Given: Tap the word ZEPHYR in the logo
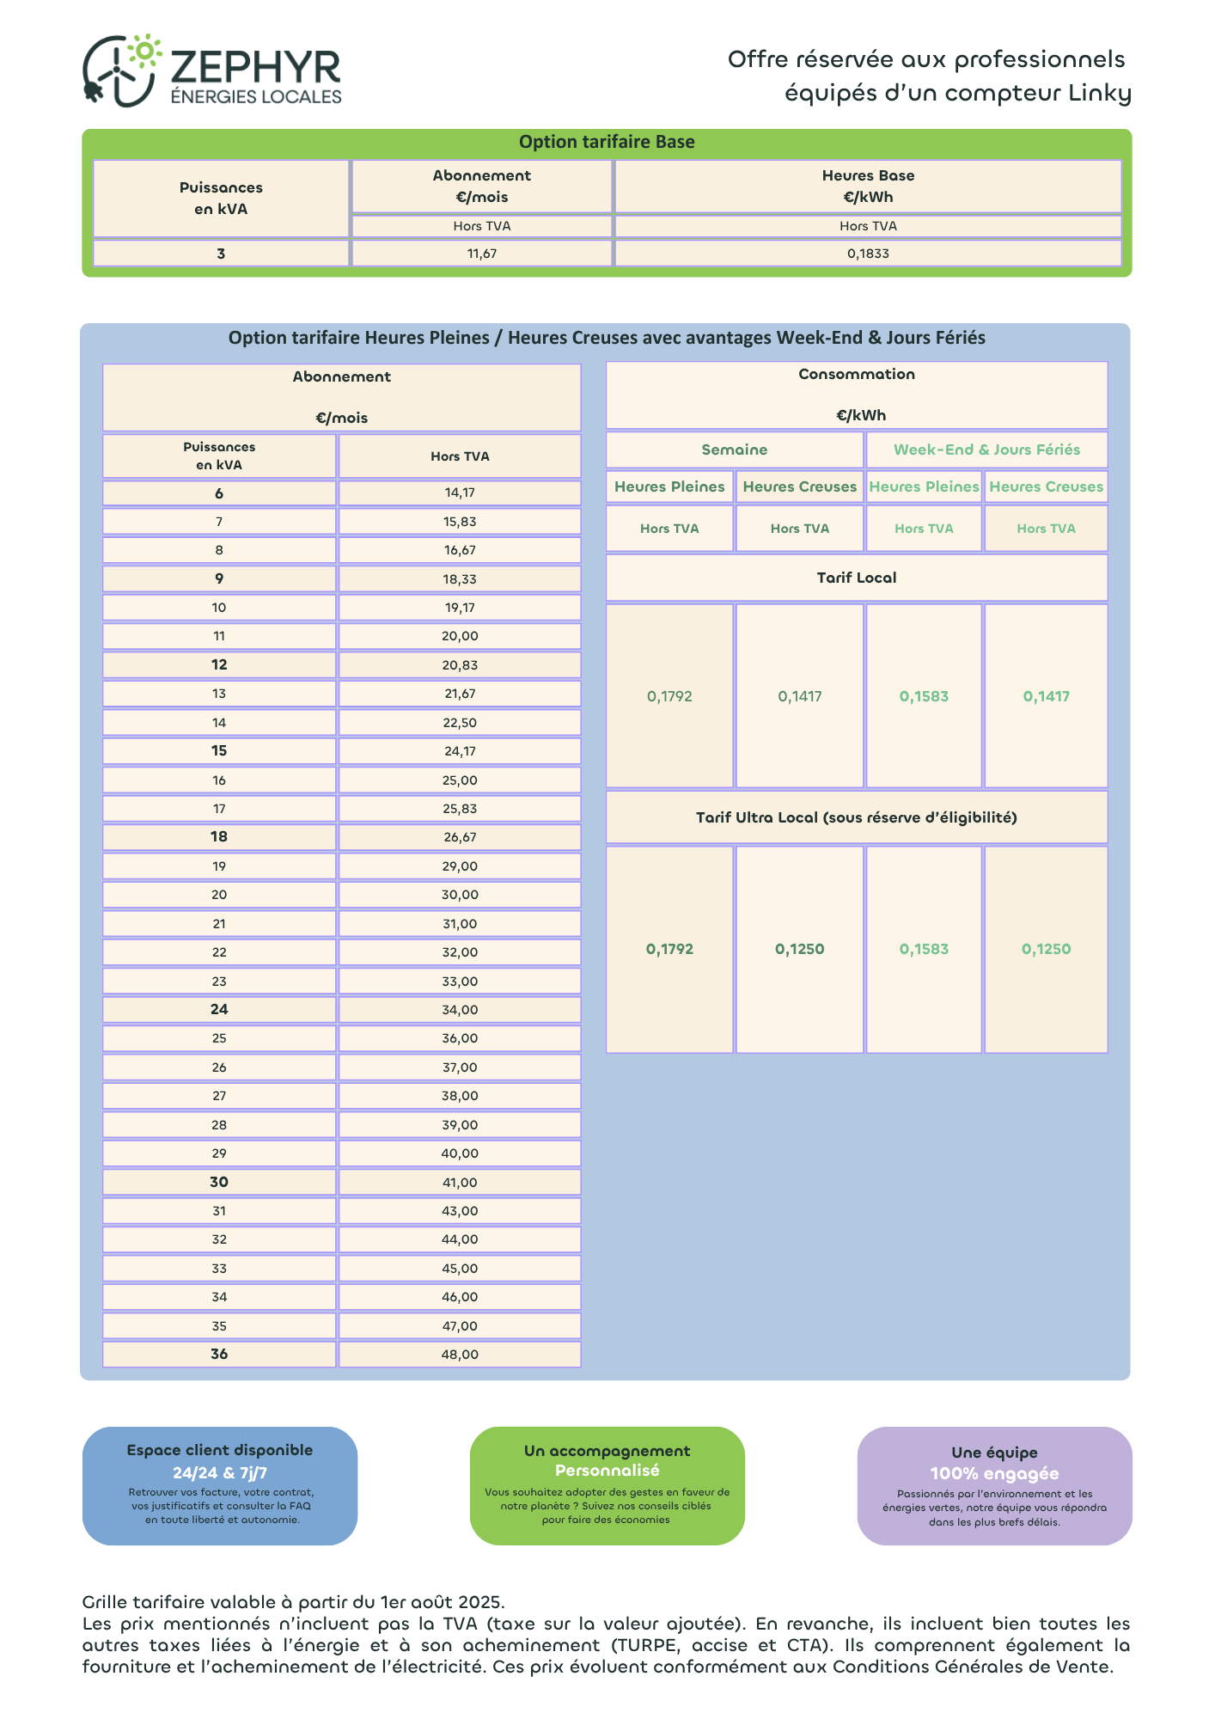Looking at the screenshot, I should [x=255, y=67].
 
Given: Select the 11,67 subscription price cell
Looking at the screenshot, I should [x=482, y=254].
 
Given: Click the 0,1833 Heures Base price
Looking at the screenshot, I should [x=868, y=254].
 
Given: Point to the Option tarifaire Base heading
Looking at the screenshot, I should [x=607, y=142].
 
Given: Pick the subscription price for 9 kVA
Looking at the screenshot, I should [x=460, y=579].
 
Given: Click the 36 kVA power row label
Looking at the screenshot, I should [x=219, y=1354].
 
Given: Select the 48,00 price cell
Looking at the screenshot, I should [x=460, y=1355].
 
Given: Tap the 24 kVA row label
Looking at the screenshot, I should [x=219, y=1009].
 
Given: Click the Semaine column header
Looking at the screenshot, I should [x=735, y=450].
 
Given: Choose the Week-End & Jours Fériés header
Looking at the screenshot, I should [x=986, y=450].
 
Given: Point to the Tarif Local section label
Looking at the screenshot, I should [x=857, y=578].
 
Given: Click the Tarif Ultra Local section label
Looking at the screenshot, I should [x=857, y=817].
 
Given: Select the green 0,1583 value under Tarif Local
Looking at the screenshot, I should [x=924, y=696].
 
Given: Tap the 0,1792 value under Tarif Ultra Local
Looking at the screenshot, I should [x=669, y=949].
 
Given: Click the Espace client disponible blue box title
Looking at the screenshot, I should [x=220, y=1450].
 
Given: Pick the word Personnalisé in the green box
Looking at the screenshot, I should [x=607, y=1471].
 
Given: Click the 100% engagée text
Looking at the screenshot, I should [x=994, y=1473].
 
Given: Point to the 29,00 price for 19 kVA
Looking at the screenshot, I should [x=460, y=866].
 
